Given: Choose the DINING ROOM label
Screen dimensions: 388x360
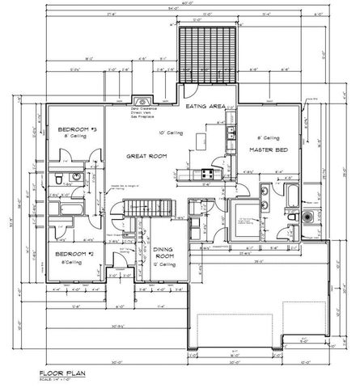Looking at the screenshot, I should tap(165, 254).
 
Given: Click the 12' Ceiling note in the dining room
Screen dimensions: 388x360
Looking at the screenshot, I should tap(165, 264).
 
